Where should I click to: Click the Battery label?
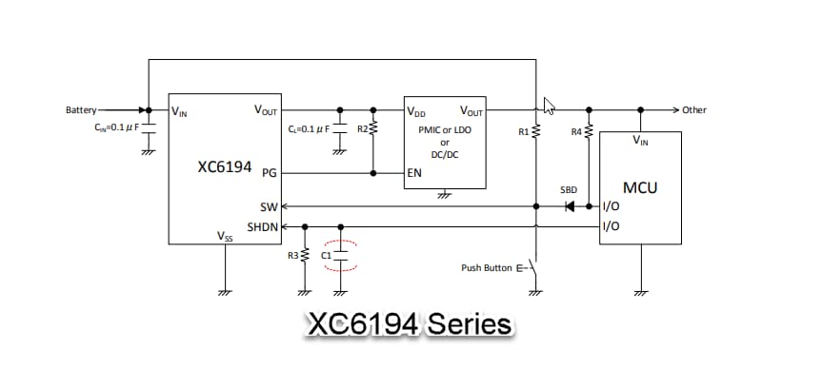(80, 110)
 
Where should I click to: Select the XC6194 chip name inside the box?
(225, 167)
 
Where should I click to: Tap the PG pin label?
(268, 174)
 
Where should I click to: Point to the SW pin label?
(268, 206)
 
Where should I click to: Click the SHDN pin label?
(262, 227)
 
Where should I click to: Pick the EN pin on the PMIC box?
(414, 174)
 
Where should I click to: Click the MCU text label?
(640, 187)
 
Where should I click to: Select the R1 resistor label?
(524, 130)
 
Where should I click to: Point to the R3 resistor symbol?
(305, 255)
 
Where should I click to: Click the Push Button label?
(487, 268)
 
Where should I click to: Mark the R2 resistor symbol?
(373, 127)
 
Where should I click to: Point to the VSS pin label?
(225, 236)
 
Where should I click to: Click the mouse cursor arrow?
(548, 104)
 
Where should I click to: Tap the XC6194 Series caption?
(409, 324)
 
